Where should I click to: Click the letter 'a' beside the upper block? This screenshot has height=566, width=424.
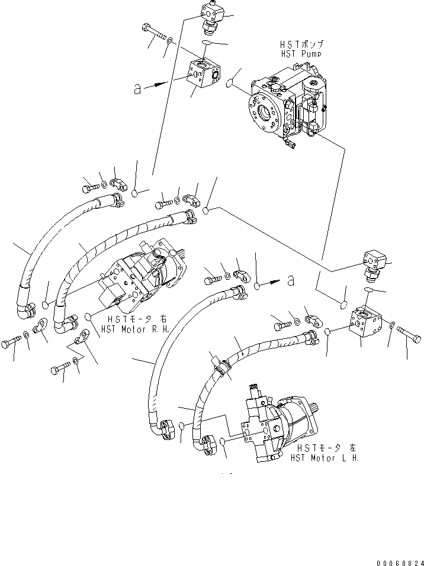[138, 89]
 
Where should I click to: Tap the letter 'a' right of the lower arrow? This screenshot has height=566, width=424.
[290, 280]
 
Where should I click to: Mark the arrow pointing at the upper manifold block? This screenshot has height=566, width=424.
[156, 85]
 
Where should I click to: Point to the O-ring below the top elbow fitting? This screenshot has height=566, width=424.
[208, 44]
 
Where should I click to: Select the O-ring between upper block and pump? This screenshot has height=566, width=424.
[230, 85]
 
